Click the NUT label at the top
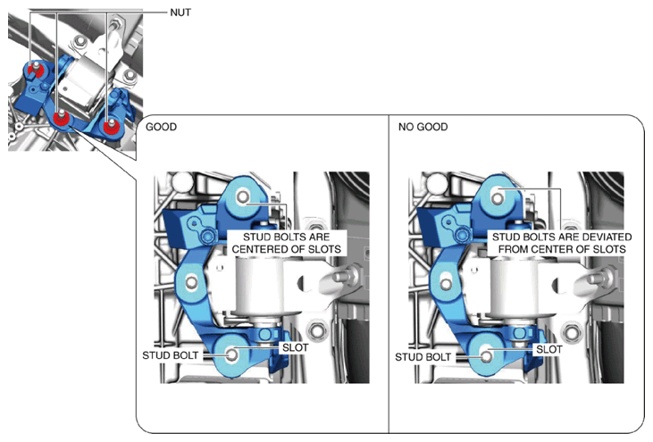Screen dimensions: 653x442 pos(180,13)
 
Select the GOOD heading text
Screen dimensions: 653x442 pos(161,127)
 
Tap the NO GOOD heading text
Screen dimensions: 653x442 pos(423,127)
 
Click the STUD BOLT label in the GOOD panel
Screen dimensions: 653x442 pos(171,355)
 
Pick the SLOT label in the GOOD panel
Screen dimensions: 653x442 pos(296,347)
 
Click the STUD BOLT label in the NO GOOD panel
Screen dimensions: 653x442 pos(423,357)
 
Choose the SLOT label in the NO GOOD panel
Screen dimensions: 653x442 pos(548,349)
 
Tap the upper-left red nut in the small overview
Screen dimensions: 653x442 pos(36,71)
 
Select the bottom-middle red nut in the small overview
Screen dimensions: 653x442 pos(62,118)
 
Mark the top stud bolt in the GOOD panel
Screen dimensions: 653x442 pos(243,196)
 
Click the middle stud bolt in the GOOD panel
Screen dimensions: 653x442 pos(191,282)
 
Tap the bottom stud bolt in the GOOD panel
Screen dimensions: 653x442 pos(232,355)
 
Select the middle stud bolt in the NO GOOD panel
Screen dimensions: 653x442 pos(446,284)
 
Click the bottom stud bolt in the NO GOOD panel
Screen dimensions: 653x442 pos(486,356)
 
